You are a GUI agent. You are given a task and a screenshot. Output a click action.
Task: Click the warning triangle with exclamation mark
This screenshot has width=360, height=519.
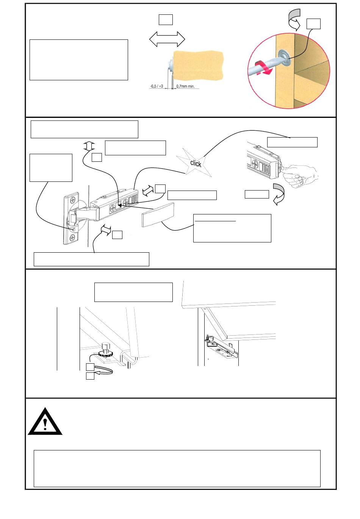point(45,422)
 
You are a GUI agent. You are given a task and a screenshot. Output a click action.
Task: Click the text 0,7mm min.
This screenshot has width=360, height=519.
point(186,86)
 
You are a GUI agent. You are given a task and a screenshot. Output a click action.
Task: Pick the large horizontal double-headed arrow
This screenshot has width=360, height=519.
point(167,39)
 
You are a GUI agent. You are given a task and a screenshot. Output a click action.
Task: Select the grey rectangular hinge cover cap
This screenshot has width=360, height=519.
point(158,214)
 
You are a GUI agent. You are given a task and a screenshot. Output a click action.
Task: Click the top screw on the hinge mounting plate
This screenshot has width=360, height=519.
point(72,200)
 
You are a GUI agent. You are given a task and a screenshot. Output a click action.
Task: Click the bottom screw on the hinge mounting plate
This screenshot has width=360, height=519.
point(72,238)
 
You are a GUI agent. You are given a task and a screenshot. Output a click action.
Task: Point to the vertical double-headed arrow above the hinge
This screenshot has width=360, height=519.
point(88,146)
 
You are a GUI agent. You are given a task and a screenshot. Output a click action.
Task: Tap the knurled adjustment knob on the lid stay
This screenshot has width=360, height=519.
point(105,353)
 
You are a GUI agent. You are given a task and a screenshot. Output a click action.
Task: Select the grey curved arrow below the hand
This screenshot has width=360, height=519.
point(280,194)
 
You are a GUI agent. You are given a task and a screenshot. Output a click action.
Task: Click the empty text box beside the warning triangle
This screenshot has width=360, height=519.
point(177,468)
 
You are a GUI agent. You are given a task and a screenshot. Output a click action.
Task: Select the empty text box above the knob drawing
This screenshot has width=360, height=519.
point(133,292)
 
